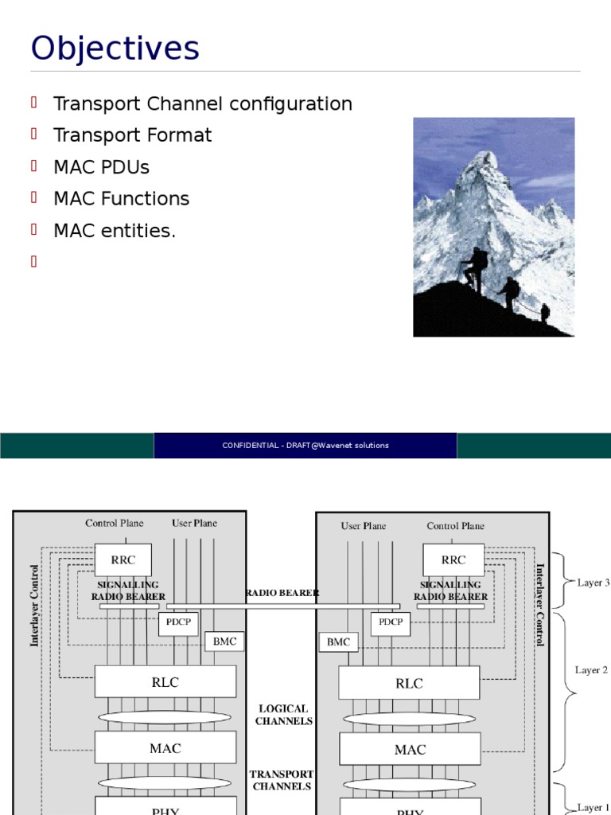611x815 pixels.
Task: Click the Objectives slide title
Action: pyautogui.click(x=115, y=49)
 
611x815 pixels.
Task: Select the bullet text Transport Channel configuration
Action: pyautogui.click(x=202, y=103)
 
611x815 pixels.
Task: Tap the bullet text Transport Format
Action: pyautogui.click(x=132, y=135)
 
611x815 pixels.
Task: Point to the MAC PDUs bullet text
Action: pyautogui.click(x=101, y=167)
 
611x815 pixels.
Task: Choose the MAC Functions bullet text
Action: pyautogui.click(x=121, y=199)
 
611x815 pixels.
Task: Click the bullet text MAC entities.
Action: pyautogui.click(x=114, y=231)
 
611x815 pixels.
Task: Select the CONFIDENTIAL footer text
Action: pyautogui.click(x=305, y=446)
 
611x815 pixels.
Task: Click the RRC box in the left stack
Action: pyautogui.click(x=123, y=560)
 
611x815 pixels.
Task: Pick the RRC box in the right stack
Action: pyautogui.click(x=453, y=560)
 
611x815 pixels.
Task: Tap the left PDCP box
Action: pyautogui.click(x=178, y=622)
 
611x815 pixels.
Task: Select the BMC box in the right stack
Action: pyautogui.click(x=338, y=641)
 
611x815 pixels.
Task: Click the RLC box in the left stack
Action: pyautogui.click(x=165, y=682)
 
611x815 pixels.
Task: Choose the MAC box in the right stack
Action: pyautogui.click(x=410, y=749)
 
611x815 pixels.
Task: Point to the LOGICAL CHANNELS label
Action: pyautogui.click(x=282, y=715)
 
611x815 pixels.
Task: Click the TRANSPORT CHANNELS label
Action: pyautogui.click(x=282, y=780)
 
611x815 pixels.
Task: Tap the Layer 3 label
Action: pyautogui.click(x=593, y=583)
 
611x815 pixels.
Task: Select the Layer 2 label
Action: pyautogui.click(x=591, y=670)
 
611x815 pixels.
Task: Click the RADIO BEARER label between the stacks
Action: pyautogui.click(x=282, y=593)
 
